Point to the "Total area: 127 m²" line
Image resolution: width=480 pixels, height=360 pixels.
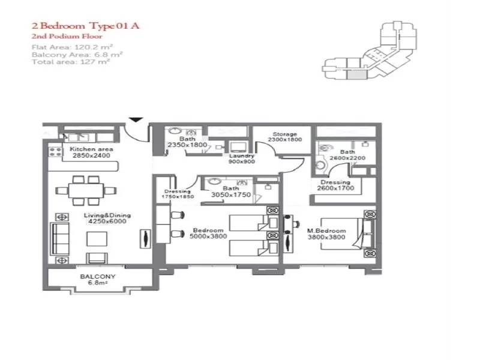tap(71, 62)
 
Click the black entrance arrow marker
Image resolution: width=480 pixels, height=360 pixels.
tap(137, 119)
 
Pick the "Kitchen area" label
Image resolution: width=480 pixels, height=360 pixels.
tap(91, 149)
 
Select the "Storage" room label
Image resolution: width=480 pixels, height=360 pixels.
tap(285, 134)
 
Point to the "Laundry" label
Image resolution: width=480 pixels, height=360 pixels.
tap(242, 156)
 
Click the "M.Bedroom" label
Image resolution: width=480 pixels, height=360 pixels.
tap(326, 231)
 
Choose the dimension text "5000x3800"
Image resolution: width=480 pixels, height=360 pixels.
tap(208, 236)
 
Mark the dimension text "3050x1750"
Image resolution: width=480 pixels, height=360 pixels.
tap(230, 194)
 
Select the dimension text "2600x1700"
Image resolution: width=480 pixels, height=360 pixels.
tap(335, 188)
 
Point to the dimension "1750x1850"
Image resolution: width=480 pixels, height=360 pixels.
tap(178, 197)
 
